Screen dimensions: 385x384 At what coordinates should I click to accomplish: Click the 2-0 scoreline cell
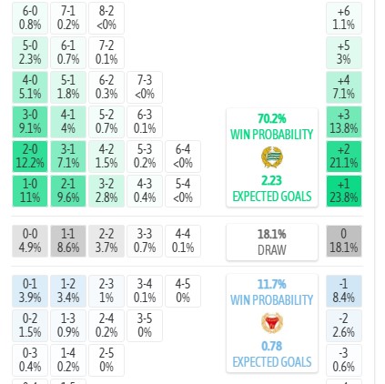(30, 157)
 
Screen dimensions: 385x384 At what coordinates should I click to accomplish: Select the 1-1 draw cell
(68, 241)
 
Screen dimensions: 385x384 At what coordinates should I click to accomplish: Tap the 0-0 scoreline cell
(30, 241)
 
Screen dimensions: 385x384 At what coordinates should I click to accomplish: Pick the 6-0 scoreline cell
(30, 18)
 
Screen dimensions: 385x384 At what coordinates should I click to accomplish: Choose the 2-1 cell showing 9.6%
(68, 191)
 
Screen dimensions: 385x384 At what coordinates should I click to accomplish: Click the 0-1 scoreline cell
(30, 291)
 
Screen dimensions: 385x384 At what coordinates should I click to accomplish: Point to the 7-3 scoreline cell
(145, 87)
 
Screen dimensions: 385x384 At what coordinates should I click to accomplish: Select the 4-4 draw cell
(183, 241)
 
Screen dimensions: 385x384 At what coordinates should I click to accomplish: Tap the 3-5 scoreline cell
(145, 326)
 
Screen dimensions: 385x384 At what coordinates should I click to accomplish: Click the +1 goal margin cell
(344, 191)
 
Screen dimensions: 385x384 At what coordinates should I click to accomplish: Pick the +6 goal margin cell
(344, 18)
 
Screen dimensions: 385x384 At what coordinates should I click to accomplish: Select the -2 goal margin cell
(344, 326)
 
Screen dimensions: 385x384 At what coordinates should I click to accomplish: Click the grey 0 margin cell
(344, 241)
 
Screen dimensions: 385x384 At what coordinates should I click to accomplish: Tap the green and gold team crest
(272, 157)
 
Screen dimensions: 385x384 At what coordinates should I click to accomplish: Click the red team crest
(272, 323)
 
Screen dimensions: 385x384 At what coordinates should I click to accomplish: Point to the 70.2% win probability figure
(272, 118)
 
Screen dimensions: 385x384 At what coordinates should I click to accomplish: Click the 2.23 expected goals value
(272, 180)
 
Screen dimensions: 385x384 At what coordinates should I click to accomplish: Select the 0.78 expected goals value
(272, 346)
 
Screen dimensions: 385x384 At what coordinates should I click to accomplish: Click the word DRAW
(272, 250)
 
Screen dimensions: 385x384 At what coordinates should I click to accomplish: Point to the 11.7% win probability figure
(272, 284)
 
